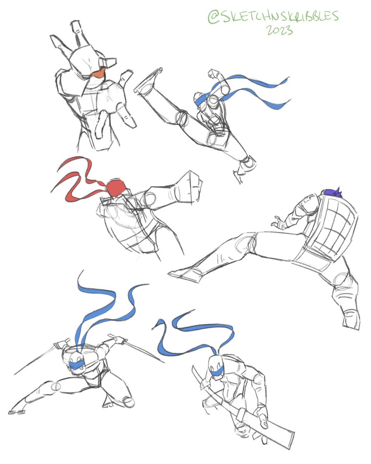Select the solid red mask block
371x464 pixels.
115,188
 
